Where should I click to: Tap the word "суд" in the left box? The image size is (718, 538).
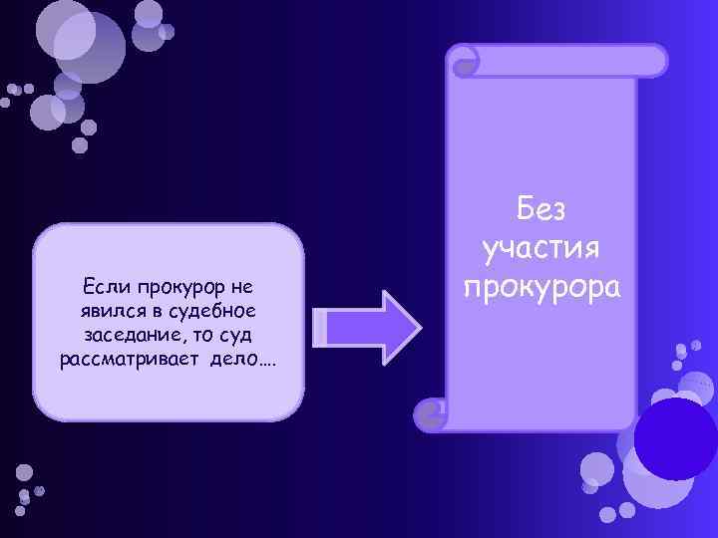[x=244, y=334]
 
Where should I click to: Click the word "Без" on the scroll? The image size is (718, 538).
[x=541, y=210]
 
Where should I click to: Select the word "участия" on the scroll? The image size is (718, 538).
[x=541, y=248]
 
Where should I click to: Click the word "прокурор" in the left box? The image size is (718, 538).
[x=174, y=287]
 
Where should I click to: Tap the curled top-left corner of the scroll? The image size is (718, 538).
[x=464, y=63]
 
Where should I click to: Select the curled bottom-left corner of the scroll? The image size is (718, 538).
[x=432, y=413]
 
